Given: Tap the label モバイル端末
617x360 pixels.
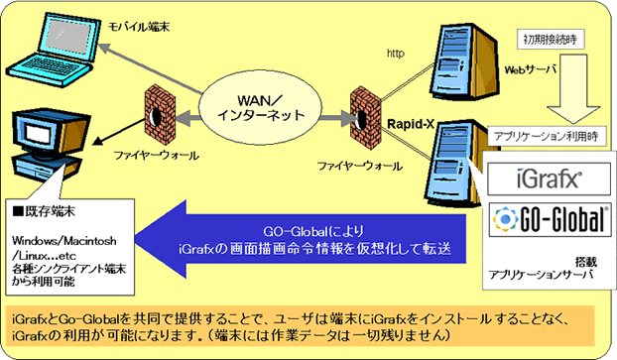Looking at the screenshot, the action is point(139,27).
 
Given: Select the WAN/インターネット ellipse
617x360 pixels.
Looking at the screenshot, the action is point(260,107).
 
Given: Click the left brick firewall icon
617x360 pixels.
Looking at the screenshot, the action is point(160,115).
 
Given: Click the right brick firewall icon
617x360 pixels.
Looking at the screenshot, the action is point(365,118).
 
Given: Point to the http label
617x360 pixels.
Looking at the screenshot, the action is point(396,54).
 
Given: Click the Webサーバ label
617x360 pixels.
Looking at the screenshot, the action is point(531,70).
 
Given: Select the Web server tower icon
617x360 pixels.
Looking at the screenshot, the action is point(463,60).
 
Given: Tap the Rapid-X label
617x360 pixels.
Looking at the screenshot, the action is point(411,124).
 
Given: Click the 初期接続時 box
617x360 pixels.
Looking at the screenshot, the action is point(551,40).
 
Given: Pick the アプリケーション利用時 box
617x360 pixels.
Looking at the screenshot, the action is point(547,136).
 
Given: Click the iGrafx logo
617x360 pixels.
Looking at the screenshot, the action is point(550,180).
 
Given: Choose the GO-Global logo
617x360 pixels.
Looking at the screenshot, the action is point(550,219).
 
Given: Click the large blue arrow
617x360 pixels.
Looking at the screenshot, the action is point(301,239).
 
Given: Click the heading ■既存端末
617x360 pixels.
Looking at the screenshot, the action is point(44,211).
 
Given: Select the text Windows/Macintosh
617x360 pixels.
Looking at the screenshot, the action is point(64,240).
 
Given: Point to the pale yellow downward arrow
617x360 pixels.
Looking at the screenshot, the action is point(573,89).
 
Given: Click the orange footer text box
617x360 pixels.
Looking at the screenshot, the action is point(300,326).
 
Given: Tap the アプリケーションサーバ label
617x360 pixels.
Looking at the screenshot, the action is point(541,275).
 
